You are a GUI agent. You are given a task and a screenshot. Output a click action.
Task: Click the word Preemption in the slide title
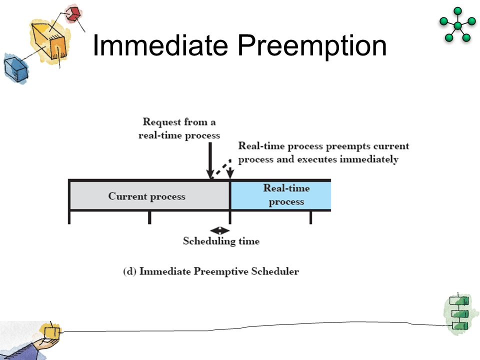[312, 46]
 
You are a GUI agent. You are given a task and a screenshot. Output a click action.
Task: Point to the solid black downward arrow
[210, 159]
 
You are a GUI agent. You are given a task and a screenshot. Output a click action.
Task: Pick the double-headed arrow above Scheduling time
[220, 230]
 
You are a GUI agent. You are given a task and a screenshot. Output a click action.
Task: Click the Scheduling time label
[221, 241]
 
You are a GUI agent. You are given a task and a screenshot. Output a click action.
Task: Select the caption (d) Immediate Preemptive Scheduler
[211, 271]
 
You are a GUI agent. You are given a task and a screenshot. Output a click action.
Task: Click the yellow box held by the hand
[51, 332]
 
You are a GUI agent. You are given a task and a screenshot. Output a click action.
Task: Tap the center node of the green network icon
[457, 25]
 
